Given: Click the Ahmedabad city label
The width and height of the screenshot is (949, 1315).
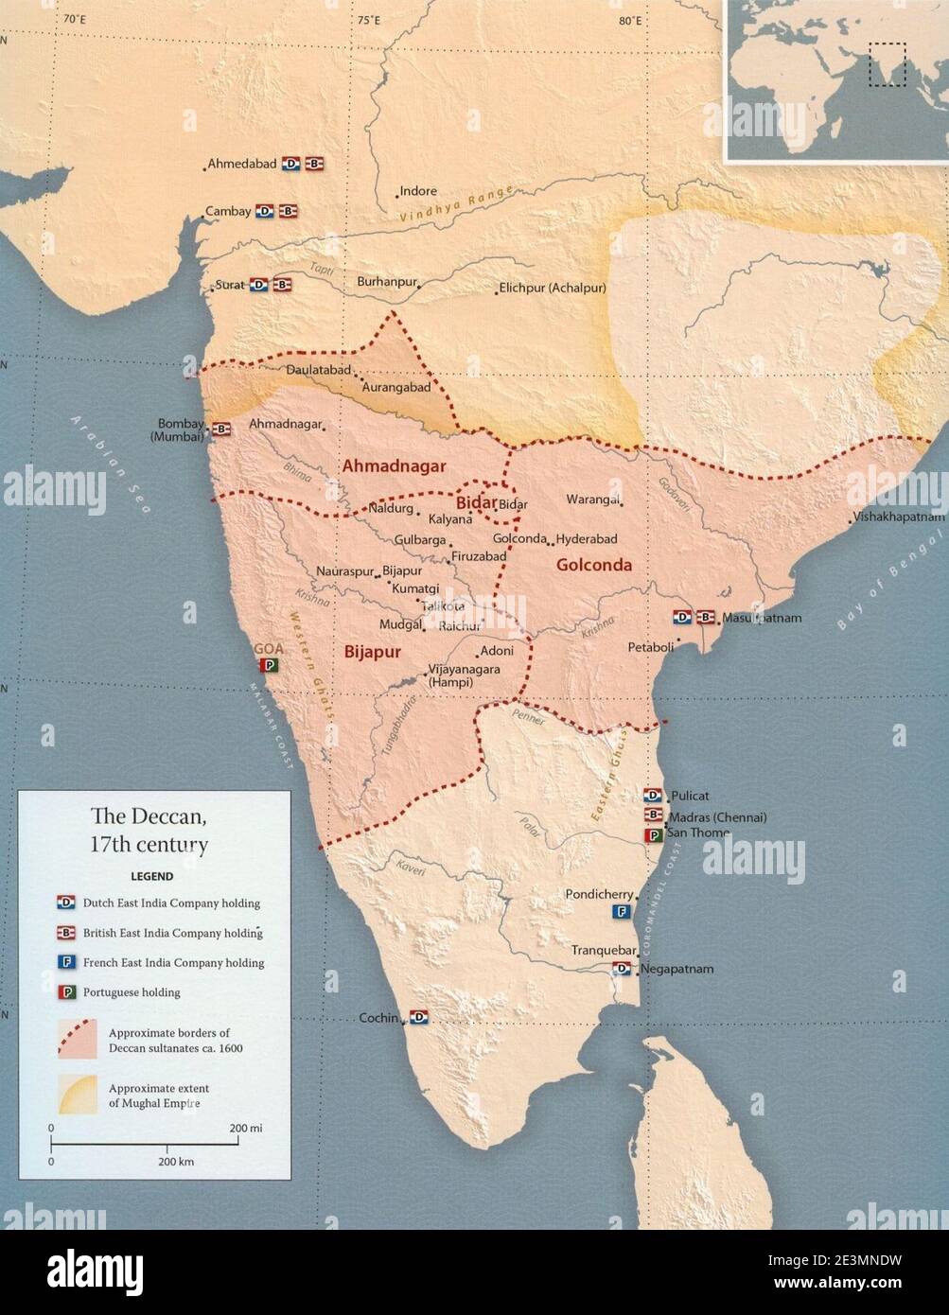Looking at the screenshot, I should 242,164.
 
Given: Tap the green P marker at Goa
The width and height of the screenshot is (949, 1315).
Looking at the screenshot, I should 270,665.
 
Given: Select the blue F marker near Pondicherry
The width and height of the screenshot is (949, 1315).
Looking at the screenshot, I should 622,912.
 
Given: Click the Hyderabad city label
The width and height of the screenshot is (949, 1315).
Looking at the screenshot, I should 587,539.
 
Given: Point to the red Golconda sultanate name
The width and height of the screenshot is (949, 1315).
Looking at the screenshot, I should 593,566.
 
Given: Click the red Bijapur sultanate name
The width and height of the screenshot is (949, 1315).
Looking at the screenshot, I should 372,652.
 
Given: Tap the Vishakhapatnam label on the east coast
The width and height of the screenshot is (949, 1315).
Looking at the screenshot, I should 898,517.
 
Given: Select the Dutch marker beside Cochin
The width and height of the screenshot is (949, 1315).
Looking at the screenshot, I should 419,1018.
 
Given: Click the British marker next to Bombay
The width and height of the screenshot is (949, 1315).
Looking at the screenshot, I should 221,429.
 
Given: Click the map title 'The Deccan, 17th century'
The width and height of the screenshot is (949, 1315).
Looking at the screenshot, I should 149,830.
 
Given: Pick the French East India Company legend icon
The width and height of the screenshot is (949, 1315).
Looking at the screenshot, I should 66,962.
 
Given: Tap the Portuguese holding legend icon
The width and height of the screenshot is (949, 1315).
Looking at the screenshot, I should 66,991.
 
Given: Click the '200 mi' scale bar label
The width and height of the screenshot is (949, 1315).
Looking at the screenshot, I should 245,1129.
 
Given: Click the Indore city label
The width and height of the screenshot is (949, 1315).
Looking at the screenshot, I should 418,191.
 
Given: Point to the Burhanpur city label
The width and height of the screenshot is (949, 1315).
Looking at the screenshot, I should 386,282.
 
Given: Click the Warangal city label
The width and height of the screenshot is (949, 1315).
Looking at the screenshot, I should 592,500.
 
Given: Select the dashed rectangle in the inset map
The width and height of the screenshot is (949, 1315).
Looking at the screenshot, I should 887,64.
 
